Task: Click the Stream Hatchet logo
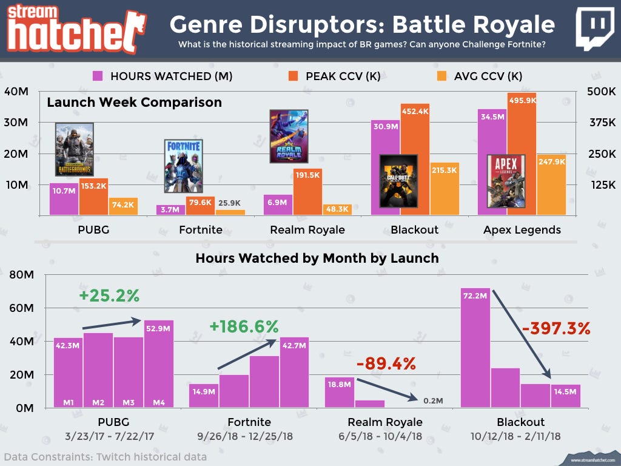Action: tap(74, 27)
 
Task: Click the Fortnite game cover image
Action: tap(183, 166)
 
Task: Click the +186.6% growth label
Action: tap(244, 326)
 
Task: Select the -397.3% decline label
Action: tap(556, 328)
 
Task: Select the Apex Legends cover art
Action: tap(506, 181)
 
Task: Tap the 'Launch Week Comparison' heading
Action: tap(134, 102)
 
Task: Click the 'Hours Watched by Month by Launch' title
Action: tap(317, 258)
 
